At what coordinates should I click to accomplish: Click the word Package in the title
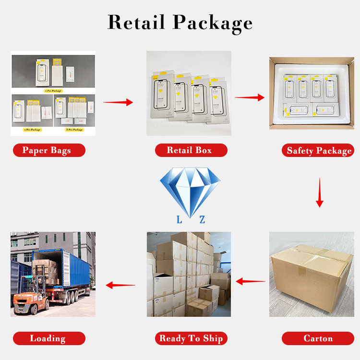(x=213, y=23)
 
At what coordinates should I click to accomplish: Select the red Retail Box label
(x=190, y=150)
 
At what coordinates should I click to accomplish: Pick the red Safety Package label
(x=319, y=151)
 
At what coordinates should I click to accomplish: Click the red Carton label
(x=318, y=338)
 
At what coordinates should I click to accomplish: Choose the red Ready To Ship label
(x=191, y=338)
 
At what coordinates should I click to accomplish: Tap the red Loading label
(x=48, y=338)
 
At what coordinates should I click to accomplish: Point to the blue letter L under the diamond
(x=179, y=220)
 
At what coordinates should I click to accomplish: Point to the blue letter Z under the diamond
(x=202, y=220)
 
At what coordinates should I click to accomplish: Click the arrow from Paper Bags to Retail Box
(x=118, y=102)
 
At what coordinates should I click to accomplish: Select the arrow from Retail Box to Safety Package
(x=250, y=97)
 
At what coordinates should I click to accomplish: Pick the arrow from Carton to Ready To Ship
(x=251, y=282)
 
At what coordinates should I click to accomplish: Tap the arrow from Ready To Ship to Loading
(x=120, y=285)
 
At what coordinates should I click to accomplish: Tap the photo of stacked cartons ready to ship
(x=189, y=275)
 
